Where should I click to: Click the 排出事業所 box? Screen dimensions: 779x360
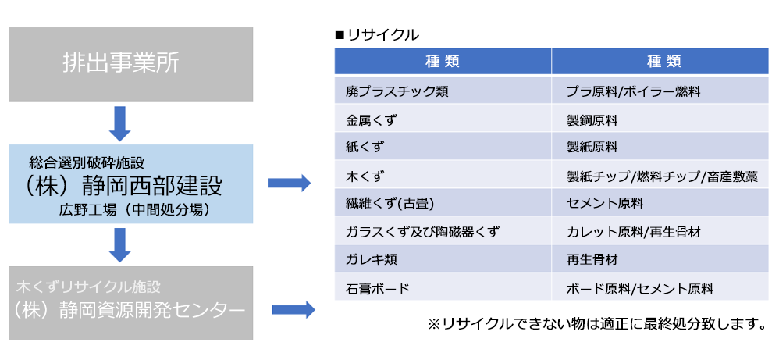pyautogui.click(x=130, y=64)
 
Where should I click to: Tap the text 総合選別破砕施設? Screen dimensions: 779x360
pyautogui.click(x=87, y=161)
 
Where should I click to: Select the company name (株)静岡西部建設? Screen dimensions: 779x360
pyautogui.click(x=123, y=186)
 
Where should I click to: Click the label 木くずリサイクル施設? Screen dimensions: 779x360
pyautogui.click(x=89, y=287)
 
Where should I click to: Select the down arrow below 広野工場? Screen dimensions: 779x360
pyautogui.click(x=119, y=244)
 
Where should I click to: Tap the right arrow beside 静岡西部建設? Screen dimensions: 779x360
pyautogui.click(x=289, y=183)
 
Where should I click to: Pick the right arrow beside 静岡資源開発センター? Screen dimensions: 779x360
pyautogui.click(x=293, y=310)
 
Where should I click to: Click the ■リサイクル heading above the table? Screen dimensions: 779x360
pyautogui.click(x=377, y=35)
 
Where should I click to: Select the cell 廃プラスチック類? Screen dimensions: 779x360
pyautogui.click(x=397, y=92)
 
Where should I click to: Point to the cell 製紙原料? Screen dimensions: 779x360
pyautogui.click(x=592, y=148)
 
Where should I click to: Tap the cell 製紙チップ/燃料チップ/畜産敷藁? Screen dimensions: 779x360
pyautogui.click(x=662, y=176)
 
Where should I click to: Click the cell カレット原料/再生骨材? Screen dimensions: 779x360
pyautogui.click(x=634, y=232)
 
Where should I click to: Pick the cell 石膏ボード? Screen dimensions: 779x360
pyautogui.click(x=378, y=288)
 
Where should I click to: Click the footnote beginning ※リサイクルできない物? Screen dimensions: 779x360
pyautogui.click(x=596, y=324)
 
